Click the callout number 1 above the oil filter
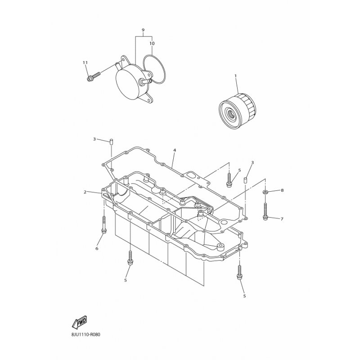(235, 76)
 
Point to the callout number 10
(152, 44)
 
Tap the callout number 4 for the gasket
(174, 150)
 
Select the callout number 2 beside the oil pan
(84, 192)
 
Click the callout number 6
(96, 248)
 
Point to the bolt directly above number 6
(104, 225)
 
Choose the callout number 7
(282, 219)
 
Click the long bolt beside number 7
(266, 211)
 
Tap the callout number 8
(282, 191)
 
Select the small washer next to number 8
(266, 192)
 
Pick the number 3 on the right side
(252, 162)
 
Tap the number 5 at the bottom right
(244, 296)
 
